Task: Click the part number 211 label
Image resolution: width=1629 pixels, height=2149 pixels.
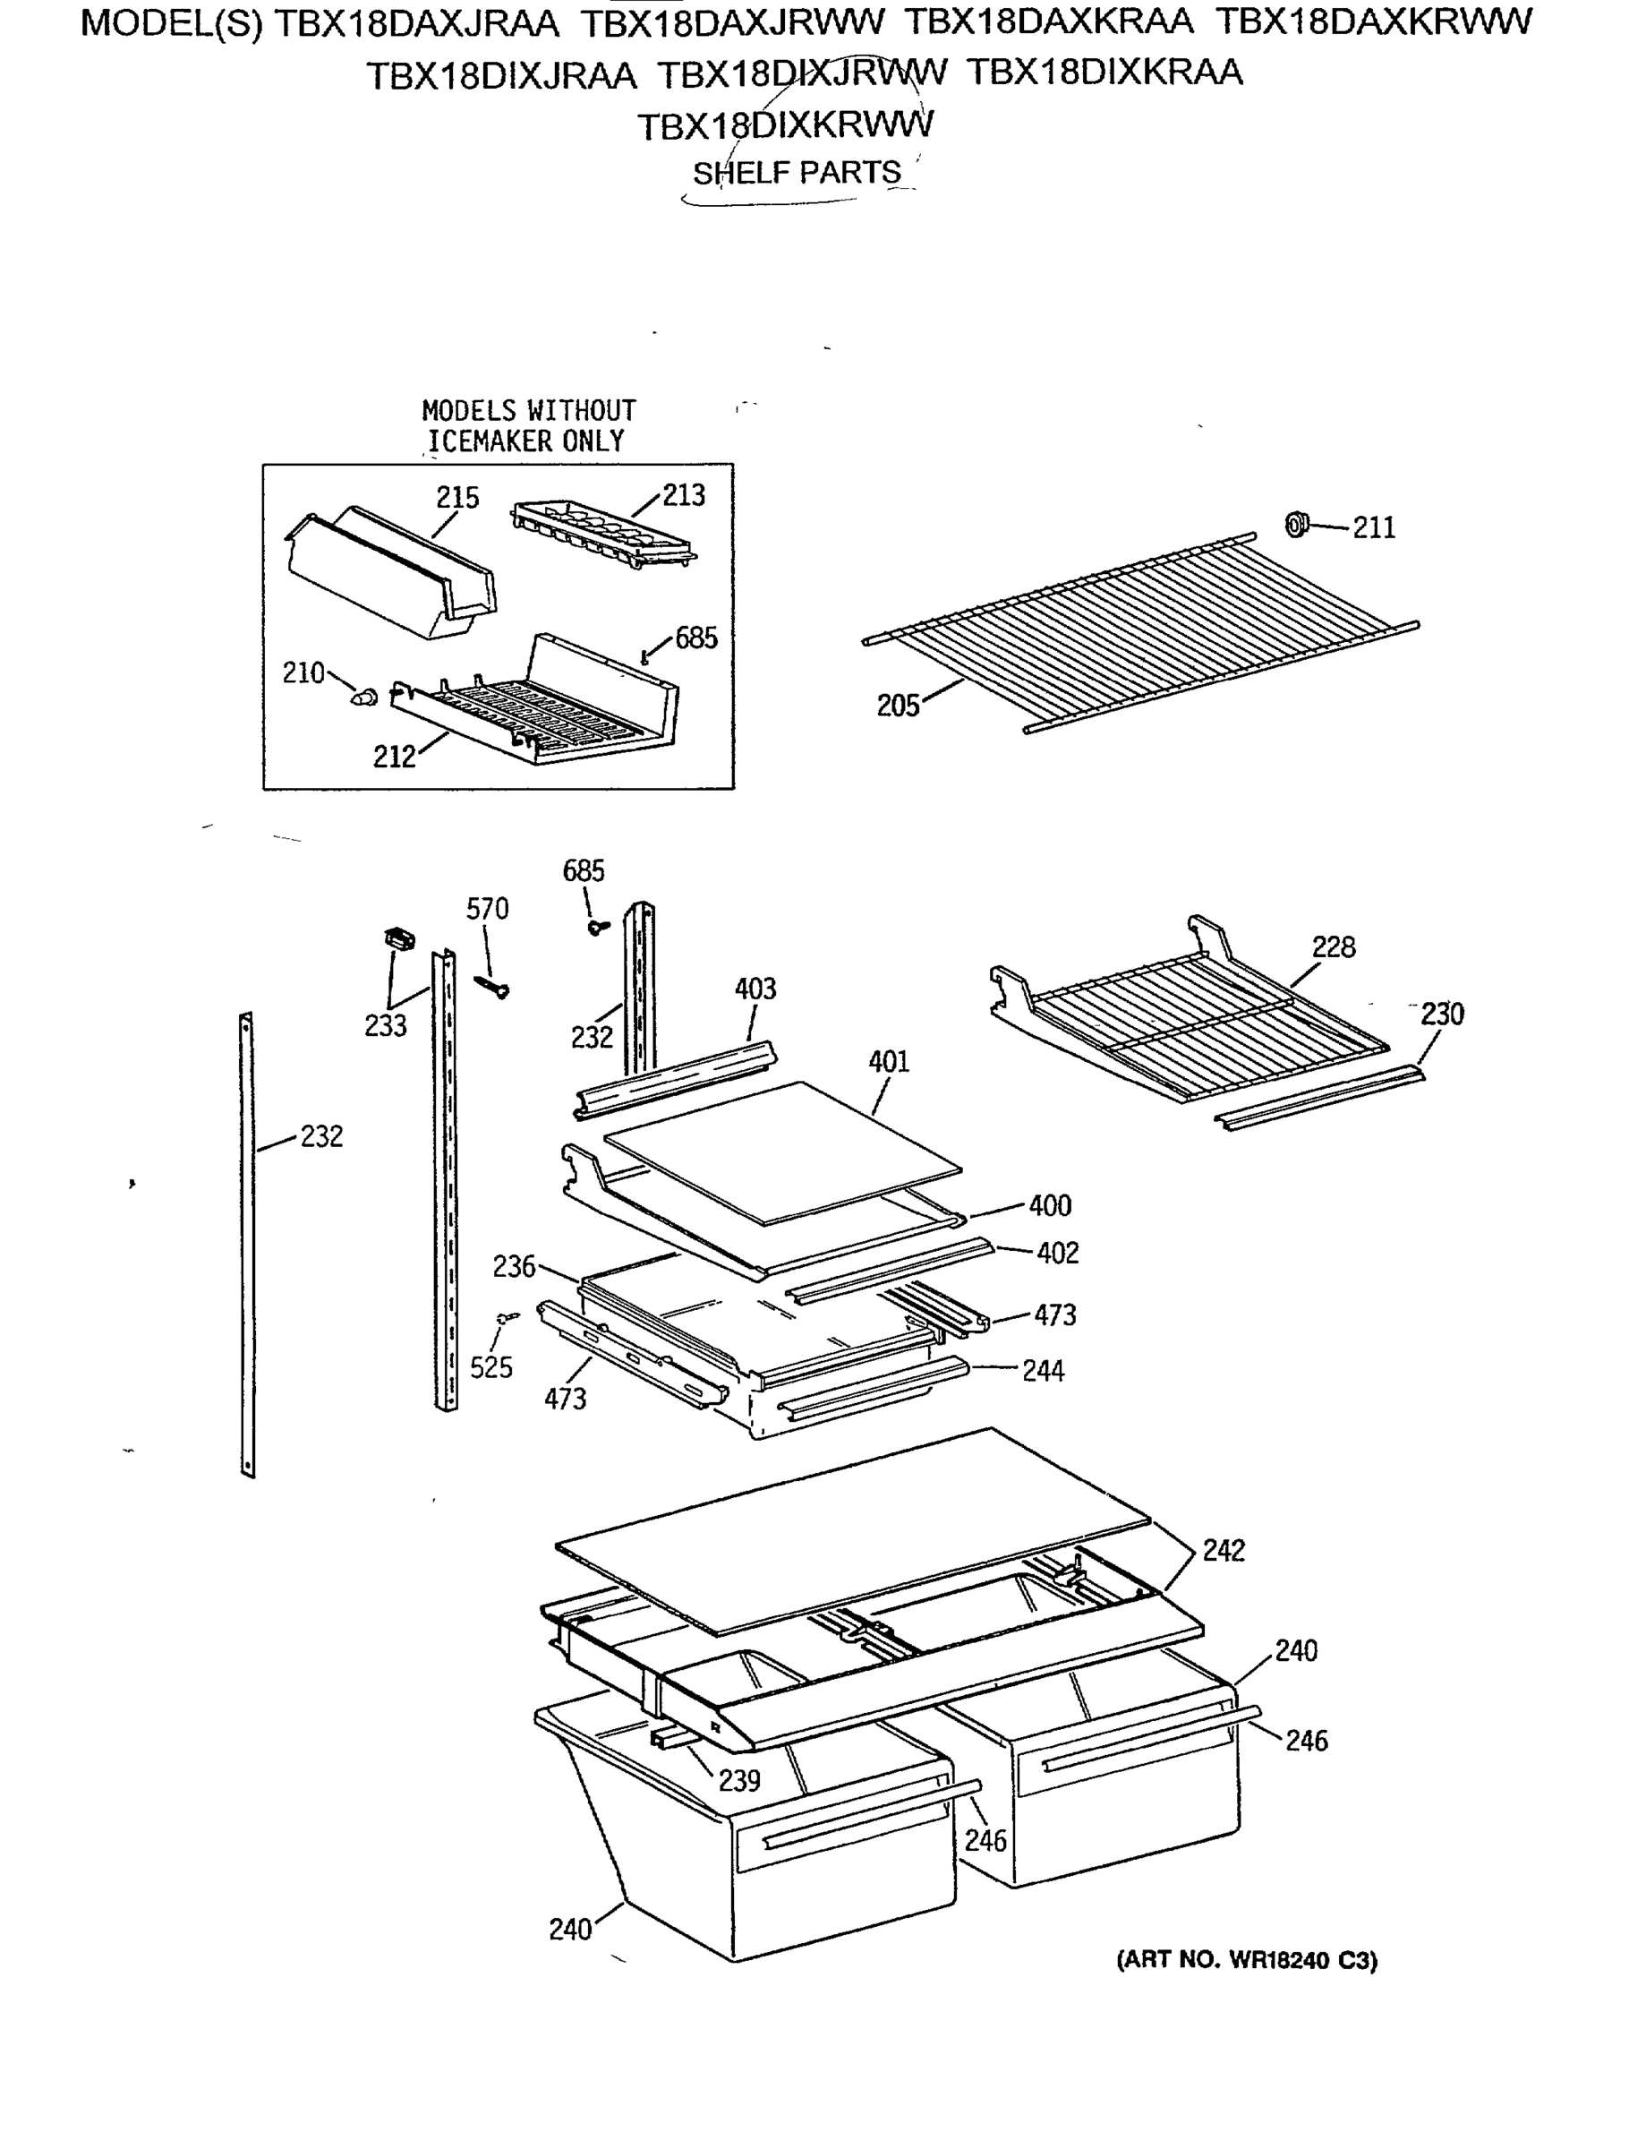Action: click(x=1374, y=527)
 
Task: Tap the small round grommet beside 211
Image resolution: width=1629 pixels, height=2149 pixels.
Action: click(x=1296, y=526)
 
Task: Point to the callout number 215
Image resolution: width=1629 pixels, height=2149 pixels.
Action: click(x=457, y=498)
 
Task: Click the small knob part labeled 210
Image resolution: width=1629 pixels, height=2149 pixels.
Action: click(x=365, y=696)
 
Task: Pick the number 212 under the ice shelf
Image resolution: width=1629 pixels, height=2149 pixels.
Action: click(x=395, y=757)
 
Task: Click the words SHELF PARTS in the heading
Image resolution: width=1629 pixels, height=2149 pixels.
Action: click(x=797, y=173)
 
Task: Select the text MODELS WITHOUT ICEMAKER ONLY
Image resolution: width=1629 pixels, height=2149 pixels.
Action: click(x=527, y=425)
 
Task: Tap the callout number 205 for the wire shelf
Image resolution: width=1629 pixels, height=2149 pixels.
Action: click(x=898, y=706)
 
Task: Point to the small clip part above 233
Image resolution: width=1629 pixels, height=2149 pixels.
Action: click(x=398, y=938)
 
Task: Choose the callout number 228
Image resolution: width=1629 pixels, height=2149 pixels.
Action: click(x=1333, y=947)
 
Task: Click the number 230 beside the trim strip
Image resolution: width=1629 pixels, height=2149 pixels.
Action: click(x=1442, y=1015)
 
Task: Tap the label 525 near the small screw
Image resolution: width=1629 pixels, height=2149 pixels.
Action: click(x=490, y=1368)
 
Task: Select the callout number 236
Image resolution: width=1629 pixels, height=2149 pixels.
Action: click(x=514, y=1267)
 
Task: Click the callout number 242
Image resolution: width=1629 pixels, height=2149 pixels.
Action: click(x=1223, y=1551)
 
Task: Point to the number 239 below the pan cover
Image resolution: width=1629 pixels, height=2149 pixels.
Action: click(x=738, y=1781)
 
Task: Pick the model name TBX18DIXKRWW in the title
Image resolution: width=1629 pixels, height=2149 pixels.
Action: click(x=785, y=125)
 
